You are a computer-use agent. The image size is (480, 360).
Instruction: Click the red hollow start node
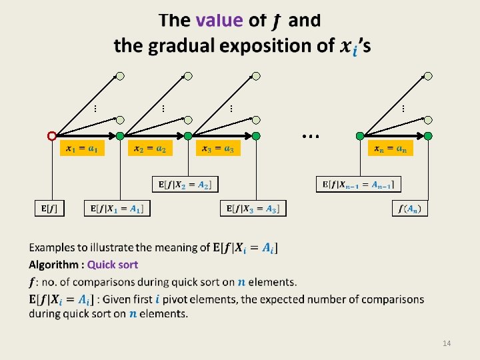[52, 136]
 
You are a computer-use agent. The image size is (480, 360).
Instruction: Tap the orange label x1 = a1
[82, 148]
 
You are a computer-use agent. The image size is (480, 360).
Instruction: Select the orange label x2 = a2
[150, 148]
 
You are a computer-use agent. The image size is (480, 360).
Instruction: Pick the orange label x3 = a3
[219, 148]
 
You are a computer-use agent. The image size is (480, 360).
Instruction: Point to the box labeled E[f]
[46, 209]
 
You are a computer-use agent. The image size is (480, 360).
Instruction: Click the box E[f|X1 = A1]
[117, 209]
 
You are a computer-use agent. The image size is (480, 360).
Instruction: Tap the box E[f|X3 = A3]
[253, 209]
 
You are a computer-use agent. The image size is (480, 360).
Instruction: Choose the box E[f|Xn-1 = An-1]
[359, 184]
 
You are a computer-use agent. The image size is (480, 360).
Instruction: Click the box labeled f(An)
[409, 209]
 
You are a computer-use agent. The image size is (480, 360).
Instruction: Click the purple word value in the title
[219, 21]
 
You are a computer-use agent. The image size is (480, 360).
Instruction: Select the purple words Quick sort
[113, 265]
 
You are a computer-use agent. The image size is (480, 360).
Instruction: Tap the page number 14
[447, 343]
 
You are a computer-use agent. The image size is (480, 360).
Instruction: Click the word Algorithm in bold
[54, 265]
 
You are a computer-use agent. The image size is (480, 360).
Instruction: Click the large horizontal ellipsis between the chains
[310, 135]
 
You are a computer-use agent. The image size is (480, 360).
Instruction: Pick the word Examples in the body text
[53, 248]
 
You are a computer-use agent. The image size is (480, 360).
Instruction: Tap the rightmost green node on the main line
[428, 136]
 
